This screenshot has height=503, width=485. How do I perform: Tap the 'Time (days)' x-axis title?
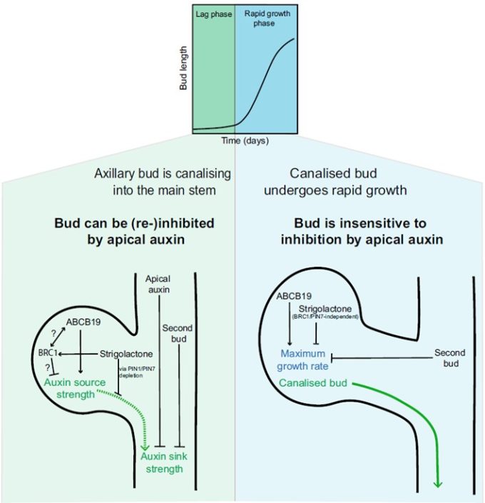coord(244,141)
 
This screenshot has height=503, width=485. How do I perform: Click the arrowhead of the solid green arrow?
coord(438,482)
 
